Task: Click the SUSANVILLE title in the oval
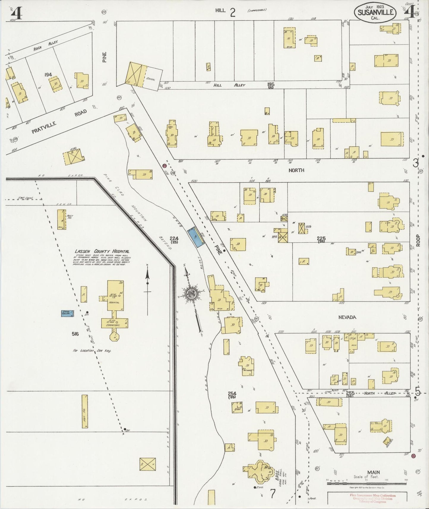(376, 12)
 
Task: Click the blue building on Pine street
(196, 237)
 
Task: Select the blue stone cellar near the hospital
(67, 313)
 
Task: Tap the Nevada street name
(347, 317)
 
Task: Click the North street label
(296, 170)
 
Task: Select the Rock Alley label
(45, 45)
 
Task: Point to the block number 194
(48, 75)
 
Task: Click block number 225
(321, 238)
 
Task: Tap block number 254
(232, 393)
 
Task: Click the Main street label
(373, 472)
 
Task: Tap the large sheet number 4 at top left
(16, 13)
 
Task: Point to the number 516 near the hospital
(75, 334)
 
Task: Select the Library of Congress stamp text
(373, 502)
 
